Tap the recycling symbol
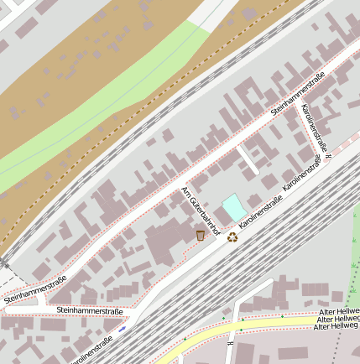coord(232,237)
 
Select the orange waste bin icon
coord(201,235)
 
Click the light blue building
coord(232,206)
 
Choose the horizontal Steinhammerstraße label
coord(89,311)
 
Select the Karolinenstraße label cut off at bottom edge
coord(91,351)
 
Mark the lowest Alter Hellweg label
coord(336,326)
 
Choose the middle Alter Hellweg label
coord(337,319)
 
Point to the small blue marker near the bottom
coord(123,329)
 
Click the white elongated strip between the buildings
coord(248,160)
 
